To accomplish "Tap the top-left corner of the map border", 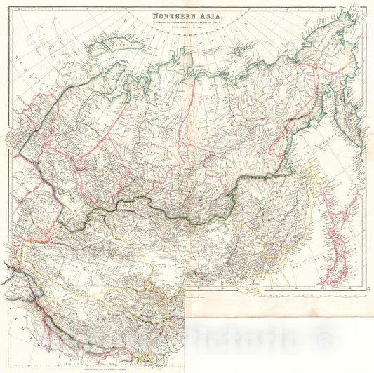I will (10, 8).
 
